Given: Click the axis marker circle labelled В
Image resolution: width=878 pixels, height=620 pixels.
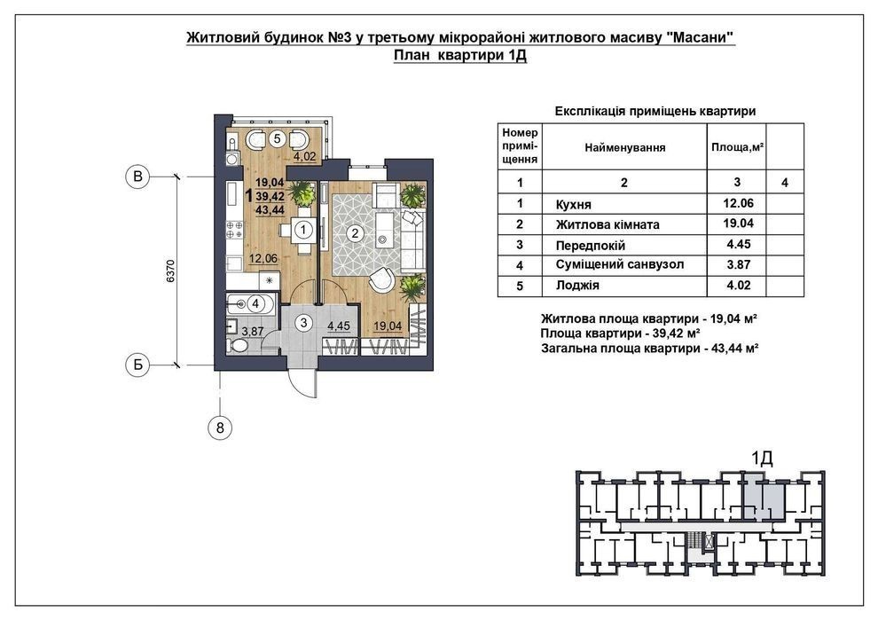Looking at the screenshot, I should (x=137, y=177).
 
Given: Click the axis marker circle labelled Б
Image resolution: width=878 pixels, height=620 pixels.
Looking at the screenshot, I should (x=137, y=364).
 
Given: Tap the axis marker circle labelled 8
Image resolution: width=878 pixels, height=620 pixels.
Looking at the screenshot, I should (x=220, y=428).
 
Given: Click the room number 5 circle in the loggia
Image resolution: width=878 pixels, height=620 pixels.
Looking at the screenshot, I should (x=277, y=138).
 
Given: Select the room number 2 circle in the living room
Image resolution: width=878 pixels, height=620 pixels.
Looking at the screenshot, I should (x=355, y=234).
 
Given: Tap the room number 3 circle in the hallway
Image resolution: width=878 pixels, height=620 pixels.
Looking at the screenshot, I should (x=303, y=323).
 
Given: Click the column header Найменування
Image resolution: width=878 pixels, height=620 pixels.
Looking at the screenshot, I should (x=624, y=147).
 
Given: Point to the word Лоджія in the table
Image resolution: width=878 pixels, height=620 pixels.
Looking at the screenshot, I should (x=574, y=286).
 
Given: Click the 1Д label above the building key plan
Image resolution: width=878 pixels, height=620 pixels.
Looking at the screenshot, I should (x=762, y=458).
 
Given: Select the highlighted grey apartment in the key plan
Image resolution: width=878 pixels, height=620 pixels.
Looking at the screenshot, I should (x=762, y=495).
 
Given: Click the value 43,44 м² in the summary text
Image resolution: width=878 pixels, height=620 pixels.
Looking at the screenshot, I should (x=730, y=349).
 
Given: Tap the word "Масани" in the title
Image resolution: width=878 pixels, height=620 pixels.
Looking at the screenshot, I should (x=701, y=38).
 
